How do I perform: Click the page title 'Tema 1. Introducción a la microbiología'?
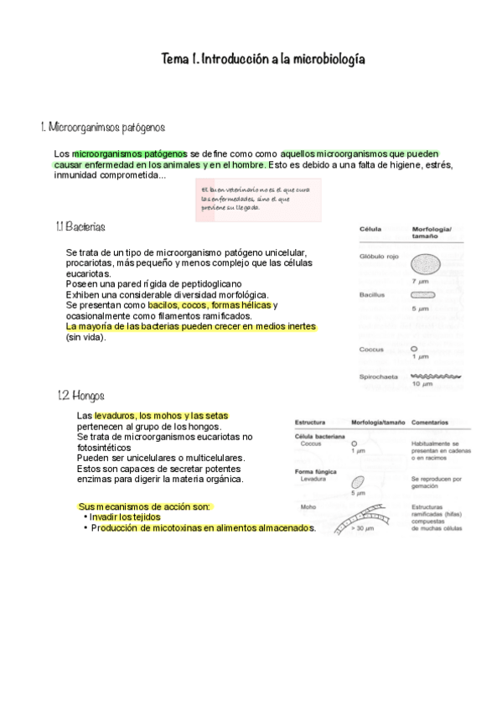coord(263,60)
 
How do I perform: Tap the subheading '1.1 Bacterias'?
coord(80,227)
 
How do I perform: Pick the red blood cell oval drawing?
coord(424,267)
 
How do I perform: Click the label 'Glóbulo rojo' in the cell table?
coord(378,257)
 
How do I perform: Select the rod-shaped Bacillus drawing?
coord(423,296)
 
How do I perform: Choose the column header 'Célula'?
coord(370,228)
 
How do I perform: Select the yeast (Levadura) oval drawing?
coord(358,483)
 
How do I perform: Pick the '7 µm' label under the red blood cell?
coord(420,282)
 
